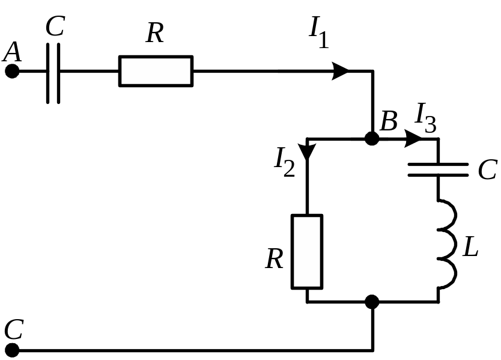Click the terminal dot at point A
point(11,72)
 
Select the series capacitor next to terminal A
point(53,72)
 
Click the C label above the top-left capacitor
point(55,27)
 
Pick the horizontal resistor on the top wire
point(156,72)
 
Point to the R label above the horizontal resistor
point(154,34)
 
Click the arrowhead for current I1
point(341,72)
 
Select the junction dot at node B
point(372,139)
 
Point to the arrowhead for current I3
point(413,139)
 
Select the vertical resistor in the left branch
point(307,251)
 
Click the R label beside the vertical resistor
point(275,259)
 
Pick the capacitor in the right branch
point(438,169)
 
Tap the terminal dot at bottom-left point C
point(11,350)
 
